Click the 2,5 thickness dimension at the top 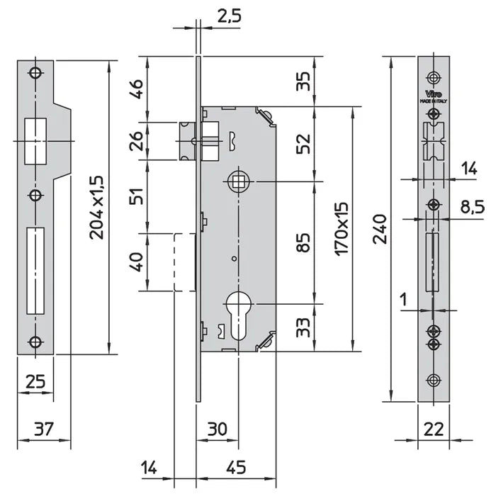(227, 16)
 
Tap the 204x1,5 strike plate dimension (98, 207)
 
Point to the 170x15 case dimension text (342, 228)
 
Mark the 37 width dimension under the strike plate (43, 428)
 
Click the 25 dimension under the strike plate (35, 383)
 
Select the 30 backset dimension (218, 428)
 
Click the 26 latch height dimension (136, 141)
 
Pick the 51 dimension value (136, 196)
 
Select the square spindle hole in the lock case (238, 182)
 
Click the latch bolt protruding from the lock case (187, 140)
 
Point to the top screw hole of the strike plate (35, 73)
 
